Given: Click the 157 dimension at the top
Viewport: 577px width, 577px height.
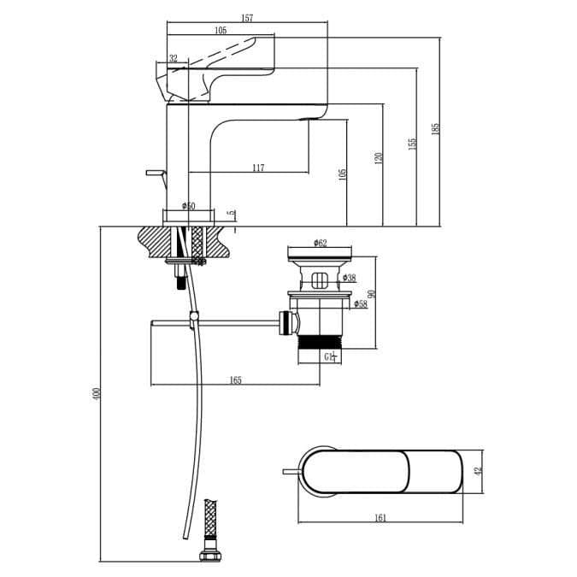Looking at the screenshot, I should click(x=247, y=18).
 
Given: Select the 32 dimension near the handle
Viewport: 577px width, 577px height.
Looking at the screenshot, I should click(x=174, y=59).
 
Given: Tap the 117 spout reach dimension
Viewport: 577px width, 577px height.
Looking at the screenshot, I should click(x=258, y=168).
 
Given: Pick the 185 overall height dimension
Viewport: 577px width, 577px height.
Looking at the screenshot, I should click(x=435, y=128).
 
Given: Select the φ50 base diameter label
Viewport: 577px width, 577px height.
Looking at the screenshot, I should click(x=188, y=206).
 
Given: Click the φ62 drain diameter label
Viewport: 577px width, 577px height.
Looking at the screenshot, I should click(x=320, y=244).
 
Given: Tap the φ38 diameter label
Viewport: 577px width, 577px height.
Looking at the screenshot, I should click(x=349, y=278).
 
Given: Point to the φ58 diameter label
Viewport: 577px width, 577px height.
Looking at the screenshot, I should click(x=361, y=303).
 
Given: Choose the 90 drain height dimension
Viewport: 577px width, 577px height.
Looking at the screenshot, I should click(x=372, y=294).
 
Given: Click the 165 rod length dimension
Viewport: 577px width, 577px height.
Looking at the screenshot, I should click(x=235, y=380).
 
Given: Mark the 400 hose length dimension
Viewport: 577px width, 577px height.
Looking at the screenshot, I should click(x=97, y=394).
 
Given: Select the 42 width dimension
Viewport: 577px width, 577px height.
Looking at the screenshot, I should click(x=479, y=470).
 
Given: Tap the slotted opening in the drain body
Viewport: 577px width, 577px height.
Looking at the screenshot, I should click(x=320, y=280).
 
